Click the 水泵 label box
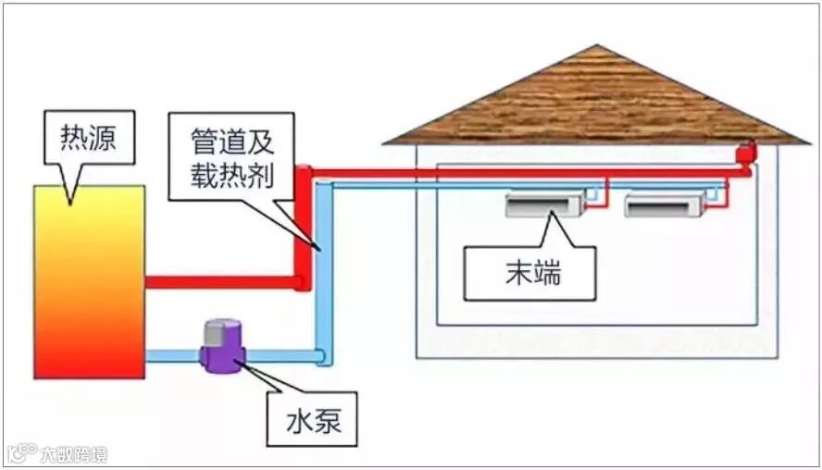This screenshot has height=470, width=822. click(311, 422)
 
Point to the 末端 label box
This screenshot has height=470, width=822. click(530, 273)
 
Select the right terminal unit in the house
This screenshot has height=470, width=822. click(664, 204)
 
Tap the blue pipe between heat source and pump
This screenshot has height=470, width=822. click(173, 355)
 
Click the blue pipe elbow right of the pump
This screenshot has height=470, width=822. click(319, 355)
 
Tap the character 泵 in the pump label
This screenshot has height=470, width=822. click(326, 422)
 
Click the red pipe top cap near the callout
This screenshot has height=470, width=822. click(303, 172)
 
